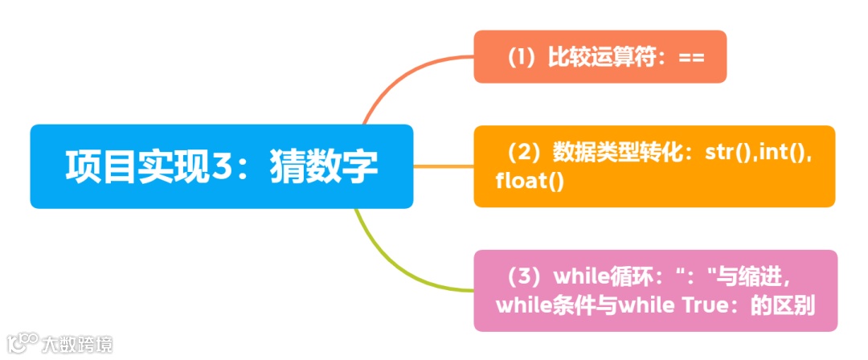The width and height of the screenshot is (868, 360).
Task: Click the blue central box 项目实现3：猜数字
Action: click(x=221, y=166)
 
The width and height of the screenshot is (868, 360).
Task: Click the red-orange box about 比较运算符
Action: click(x=600, y=57)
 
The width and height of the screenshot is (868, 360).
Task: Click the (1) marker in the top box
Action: click(x=522, y=58)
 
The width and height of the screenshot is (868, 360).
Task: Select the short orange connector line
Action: click(x=443, y=166)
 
